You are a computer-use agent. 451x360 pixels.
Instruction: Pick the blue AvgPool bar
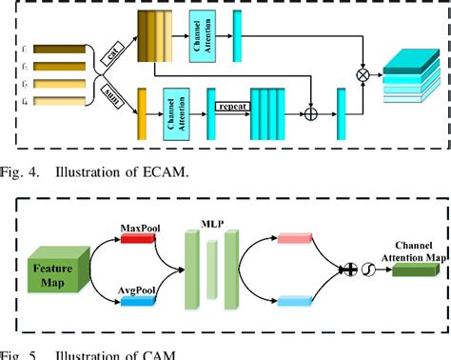(x=140, y=301)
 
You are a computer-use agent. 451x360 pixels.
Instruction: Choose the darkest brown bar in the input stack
(x=57, y=47)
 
